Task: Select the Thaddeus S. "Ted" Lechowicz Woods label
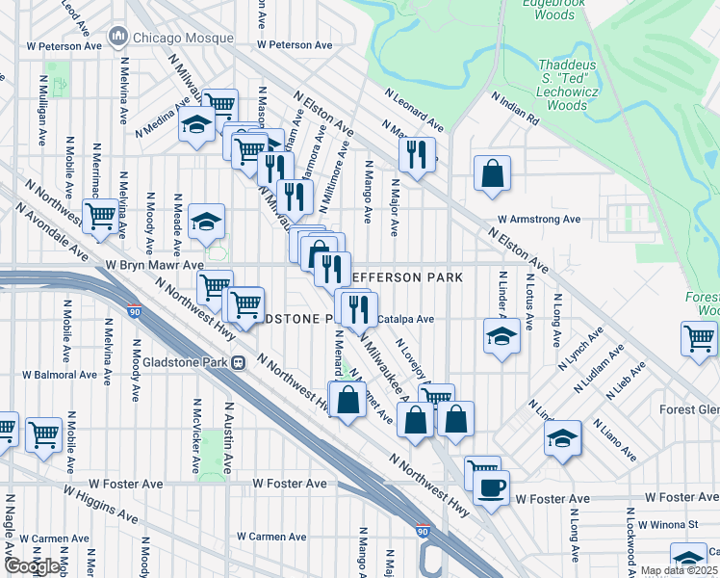pos(578,84)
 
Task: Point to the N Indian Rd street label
pos(515,107)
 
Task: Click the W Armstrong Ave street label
pos(538,220)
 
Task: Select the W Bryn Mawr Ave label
pos(155,264)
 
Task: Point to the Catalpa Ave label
pos(406,319)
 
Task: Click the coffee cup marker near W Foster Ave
pos(491,488)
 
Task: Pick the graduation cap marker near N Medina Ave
pos(197,125)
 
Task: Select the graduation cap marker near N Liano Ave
pos(563,437)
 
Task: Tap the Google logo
pos(33,566)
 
